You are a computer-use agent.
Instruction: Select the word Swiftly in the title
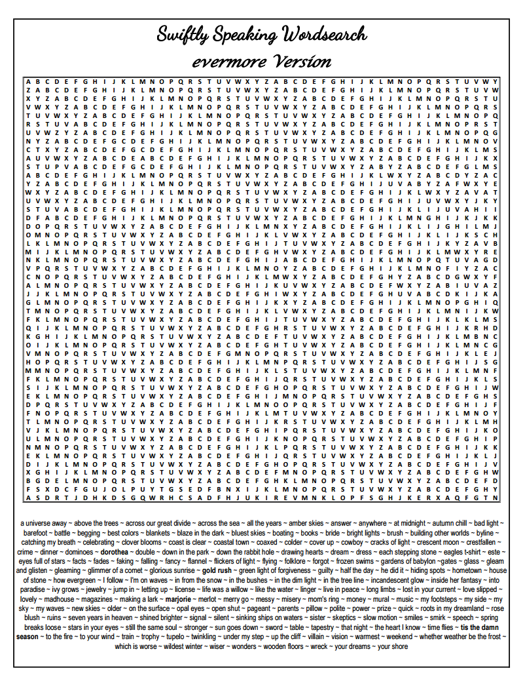tap(183, 35)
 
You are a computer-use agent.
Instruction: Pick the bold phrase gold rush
tap(217, 571)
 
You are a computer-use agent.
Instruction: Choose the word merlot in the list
tap(211, 599)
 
